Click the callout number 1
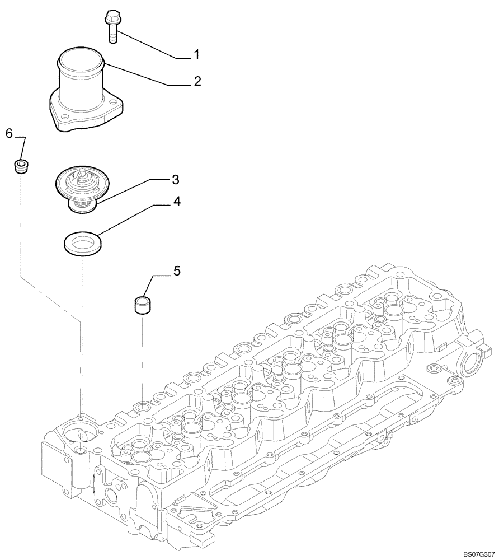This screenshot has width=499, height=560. pos(197,54)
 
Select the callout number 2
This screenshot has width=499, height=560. pos(197,81)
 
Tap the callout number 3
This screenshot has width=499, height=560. pos(175,179)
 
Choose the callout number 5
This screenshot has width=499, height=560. pos(176,271)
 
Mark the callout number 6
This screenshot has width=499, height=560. pos(9,133)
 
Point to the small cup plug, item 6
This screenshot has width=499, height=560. pos(21,166)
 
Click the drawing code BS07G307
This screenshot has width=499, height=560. pos(479,554)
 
